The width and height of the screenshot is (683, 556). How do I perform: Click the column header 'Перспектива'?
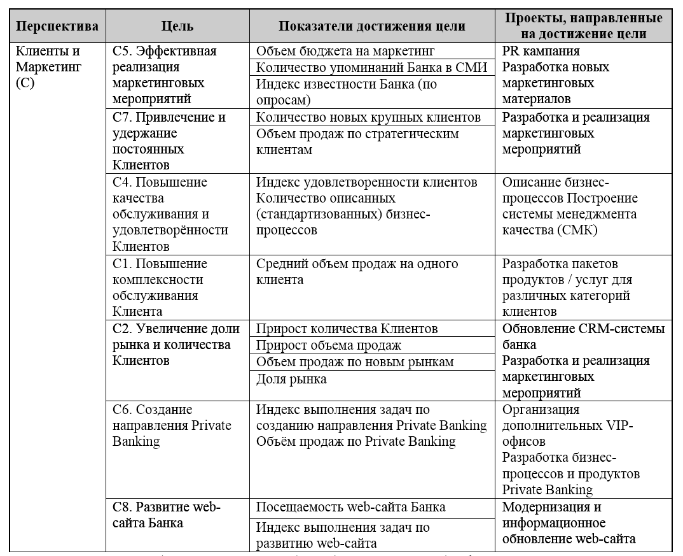[57, 27]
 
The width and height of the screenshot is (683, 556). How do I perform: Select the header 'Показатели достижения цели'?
[372, 27]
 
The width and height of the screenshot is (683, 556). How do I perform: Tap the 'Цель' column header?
[178, 27]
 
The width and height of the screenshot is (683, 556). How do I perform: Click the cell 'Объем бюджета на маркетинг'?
[345, 51]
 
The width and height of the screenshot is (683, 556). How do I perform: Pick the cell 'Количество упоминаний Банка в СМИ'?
[371, 68]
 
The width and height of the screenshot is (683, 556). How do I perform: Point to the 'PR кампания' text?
[541, 51]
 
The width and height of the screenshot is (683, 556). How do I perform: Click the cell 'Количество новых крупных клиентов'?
[368, 117]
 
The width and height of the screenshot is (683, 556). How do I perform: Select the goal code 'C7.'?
[122, 117]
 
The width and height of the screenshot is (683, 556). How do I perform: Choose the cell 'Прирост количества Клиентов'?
[347, 329]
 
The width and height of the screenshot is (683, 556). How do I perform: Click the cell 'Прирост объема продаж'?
[329, 345]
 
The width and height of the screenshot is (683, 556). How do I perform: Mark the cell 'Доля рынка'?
[291, 379]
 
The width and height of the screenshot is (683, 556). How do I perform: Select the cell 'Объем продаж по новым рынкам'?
[355, 362]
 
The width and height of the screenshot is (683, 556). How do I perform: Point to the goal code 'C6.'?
[122, 410]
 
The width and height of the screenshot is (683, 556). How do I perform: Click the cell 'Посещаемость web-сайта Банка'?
[350, 507]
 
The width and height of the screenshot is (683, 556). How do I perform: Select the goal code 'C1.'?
[122, 264]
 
